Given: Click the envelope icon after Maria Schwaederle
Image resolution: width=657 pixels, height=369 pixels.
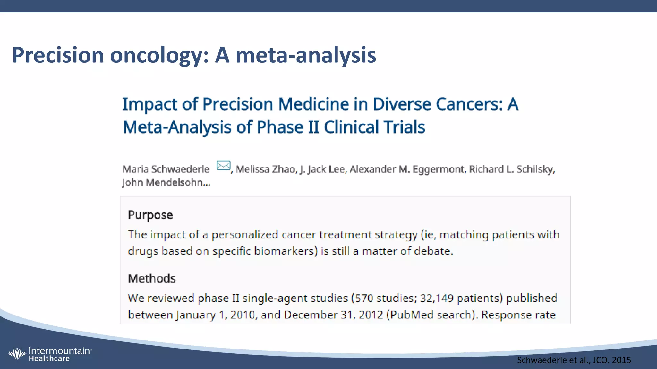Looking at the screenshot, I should [x=223, y=166].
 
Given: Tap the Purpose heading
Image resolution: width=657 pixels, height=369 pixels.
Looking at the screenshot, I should [x=150, y=215].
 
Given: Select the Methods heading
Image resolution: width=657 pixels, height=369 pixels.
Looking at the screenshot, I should [x=152, y=278].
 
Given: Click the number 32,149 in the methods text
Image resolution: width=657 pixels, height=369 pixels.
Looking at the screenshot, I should [x=437, y=298].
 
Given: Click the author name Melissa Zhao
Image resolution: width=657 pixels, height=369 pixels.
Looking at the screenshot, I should [x=266, y=169].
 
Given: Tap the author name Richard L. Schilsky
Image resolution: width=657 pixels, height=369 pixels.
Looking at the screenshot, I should [x=511, y=169].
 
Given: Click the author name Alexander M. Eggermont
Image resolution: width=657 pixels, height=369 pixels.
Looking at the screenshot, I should [x=407, y=169].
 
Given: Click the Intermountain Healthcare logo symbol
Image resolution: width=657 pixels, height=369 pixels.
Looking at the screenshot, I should [x=17, y=354].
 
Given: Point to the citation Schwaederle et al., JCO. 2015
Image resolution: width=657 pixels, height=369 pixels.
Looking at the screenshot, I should [x=574, y=360].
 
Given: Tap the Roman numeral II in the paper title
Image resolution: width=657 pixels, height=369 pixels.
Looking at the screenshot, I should [x=313, y=127].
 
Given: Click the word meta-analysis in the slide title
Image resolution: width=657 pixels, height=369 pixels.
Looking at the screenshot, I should [x=306, y=55].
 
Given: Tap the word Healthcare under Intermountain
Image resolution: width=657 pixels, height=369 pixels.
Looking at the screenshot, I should [x=49, y=359].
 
